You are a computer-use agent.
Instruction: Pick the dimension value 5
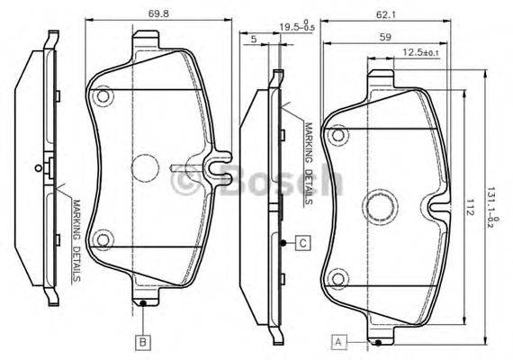coord(255,39)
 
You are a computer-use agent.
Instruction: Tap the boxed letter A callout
coord(339,341)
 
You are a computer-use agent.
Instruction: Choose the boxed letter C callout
coord(303,243)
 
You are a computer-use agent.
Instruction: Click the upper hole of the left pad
coord(103,95)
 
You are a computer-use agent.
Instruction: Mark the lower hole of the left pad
coord(103,239)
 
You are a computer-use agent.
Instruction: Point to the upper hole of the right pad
coord(338,135)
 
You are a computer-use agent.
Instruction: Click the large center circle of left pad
coord(146,168)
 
